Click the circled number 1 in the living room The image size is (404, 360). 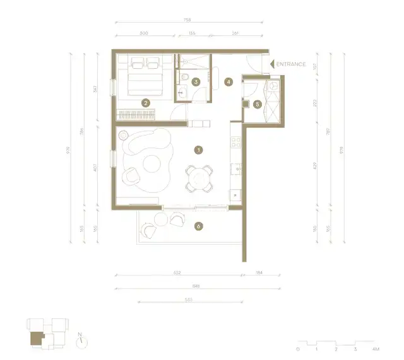click(199, 150)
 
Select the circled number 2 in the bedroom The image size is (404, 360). click(146, 102)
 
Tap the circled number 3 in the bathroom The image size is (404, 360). click(196, 82)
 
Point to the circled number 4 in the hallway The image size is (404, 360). click(229, 81)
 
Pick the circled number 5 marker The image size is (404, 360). click(257, 105)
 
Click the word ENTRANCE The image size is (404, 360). click(292, 64)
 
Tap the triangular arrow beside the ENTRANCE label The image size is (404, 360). click(272, 64)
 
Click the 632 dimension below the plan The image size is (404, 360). click(177, 274)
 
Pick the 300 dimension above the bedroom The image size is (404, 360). click(144, 33)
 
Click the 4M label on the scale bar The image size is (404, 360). click(376, 349)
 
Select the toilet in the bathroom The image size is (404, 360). click(182, 78)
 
